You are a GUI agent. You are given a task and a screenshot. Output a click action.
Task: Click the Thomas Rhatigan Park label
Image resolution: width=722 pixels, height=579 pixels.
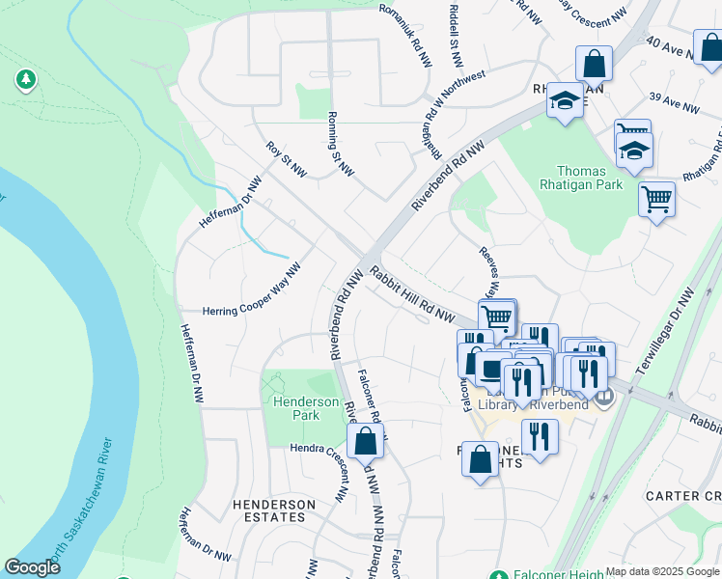pyautogui.click(x=589, y=179)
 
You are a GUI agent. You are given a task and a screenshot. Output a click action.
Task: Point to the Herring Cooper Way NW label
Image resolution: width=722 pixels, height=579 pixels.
pyautogui.click(x=252, y=311)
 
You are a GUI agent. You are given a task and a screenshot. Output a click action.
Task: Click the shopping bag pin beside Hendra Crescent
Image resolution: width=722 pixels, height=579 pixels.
pyautogui.click(x=365, y=444)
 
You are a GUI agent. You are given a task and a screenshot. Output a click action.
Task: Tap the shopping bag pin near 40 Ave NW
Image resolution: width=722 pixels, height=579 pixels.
pyautogui.click(x=595, y=64)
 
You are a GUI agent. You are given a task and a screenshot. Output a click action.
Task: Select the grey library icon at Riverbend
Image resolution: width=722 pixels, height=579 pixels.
pyautogui.click(x=604, y=396)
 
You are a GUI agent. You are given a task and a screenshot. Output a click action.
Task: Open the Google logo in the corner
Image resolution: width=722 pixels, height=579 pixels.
pyautogui.click(x=32, y=567)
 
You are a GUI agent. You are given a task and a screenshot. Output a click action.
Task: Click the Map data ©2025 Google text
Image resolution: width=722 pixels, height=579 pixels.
pyautogui.click(x=662, y=571)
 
